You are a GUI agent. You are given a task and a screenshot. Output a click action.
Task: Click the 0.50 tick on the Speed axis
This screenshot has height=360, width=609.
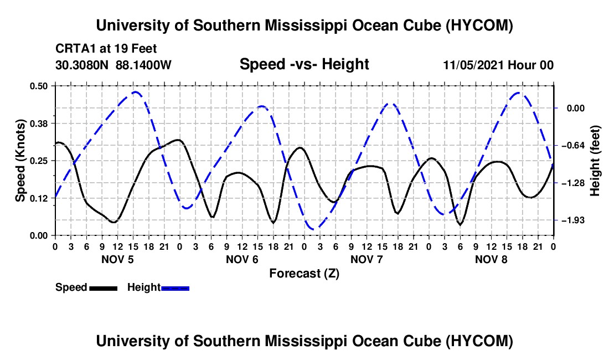click(x=38, y=86)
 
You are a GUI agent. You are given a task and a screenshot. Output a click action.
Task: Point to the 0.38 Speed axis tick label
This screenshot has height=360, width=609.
click(x=38, y=124)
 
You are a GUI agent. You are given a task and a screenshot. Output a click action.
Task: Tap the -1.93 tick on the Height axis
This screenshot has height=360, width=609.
click(x=573, y=220)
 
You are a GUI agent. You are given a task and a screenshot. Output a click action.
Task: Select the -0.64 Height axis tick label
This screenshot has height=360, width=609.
click(x=573, y=146)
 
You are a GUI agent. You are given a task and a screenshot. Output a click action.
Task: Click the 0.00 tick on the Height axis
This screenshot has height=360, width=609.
click(x=576, y=108)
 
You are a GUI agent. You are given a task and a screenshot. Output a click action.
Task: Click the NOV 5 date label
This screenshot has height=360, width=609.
click(x=117, y=259)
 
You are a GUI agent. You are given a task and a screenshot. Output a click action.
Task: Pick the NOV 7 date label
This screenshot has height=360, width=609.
click(x=367, y=259)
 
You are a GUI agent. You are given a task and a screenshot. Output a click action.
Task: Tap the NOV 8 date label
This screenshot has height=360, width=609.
click(x=491, y=259)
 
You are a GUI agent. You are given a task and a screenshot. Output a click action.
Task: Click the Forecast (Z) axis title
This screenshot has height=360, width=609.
click(x=304, y=274)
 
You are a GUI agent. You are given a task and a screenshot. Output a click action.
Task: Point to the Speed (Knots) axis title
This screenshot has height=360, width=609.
click(x=20, y=161)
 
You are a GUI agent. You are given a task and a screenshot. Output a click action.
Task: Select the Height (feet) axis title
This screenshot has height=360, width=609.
click(x=595, y=161)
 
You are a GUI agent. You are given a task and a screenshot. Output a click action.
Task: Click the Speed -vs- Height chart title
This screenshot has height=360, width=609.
click(x=304, y=64)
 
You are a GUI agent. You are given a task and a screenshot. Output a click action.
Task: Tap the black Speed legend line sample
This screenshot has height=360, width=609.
click(x=103, y=288)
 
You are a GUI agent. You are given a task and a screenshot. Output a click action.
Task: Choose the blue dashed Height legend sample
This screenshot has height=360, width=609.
click(x=175, y=288)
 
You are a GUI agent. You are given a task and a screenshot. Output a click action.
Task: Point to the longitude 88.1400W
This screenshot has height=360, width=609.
click(x=143, y=65)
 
